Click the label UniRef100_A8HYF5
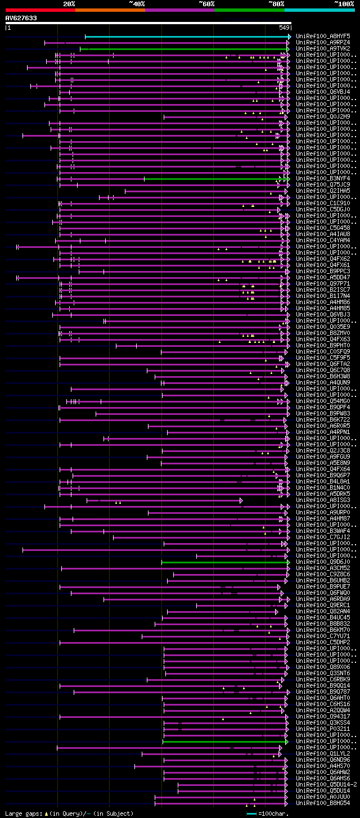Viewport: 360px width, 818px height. (x=323, y=36)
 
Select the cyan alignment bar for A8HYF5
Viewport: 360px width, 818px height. (x=186, y=37)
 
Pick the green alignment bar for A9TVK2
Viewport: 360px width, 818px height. (x=186, y=49)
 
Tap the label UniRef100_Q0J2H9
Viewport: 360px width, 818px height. (x=323, y=116)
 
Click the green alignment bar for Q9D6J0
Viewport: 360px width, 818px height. (x=225, y=562)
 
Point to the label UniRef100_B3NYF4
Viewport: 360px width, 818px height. (x=323, y=178)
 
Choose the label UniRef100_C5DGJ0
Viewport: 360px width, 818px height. (x=323, y=209)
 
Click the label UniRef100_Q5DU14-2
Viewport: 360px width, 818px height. (x=326, y=784)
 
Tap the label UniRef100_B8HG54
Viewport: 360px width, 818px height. (x=323, y=802)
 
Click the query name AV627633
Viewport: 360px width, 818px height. (x=21, y=18)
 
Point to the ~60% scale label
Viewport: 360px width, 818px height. (x=206, y=4)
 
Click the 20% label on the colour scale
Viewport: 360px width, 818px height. (x=69, y=4)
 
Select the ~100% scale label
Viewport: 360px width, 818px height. (x=344, y=4)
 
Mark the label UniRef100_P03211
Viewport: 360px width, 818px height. (x=323, y=728)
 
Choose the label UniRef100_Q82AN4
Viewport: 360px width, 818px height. (x=323, y=611)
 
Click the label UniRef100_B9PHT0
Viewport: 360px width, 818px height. (x=323, y=345)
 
